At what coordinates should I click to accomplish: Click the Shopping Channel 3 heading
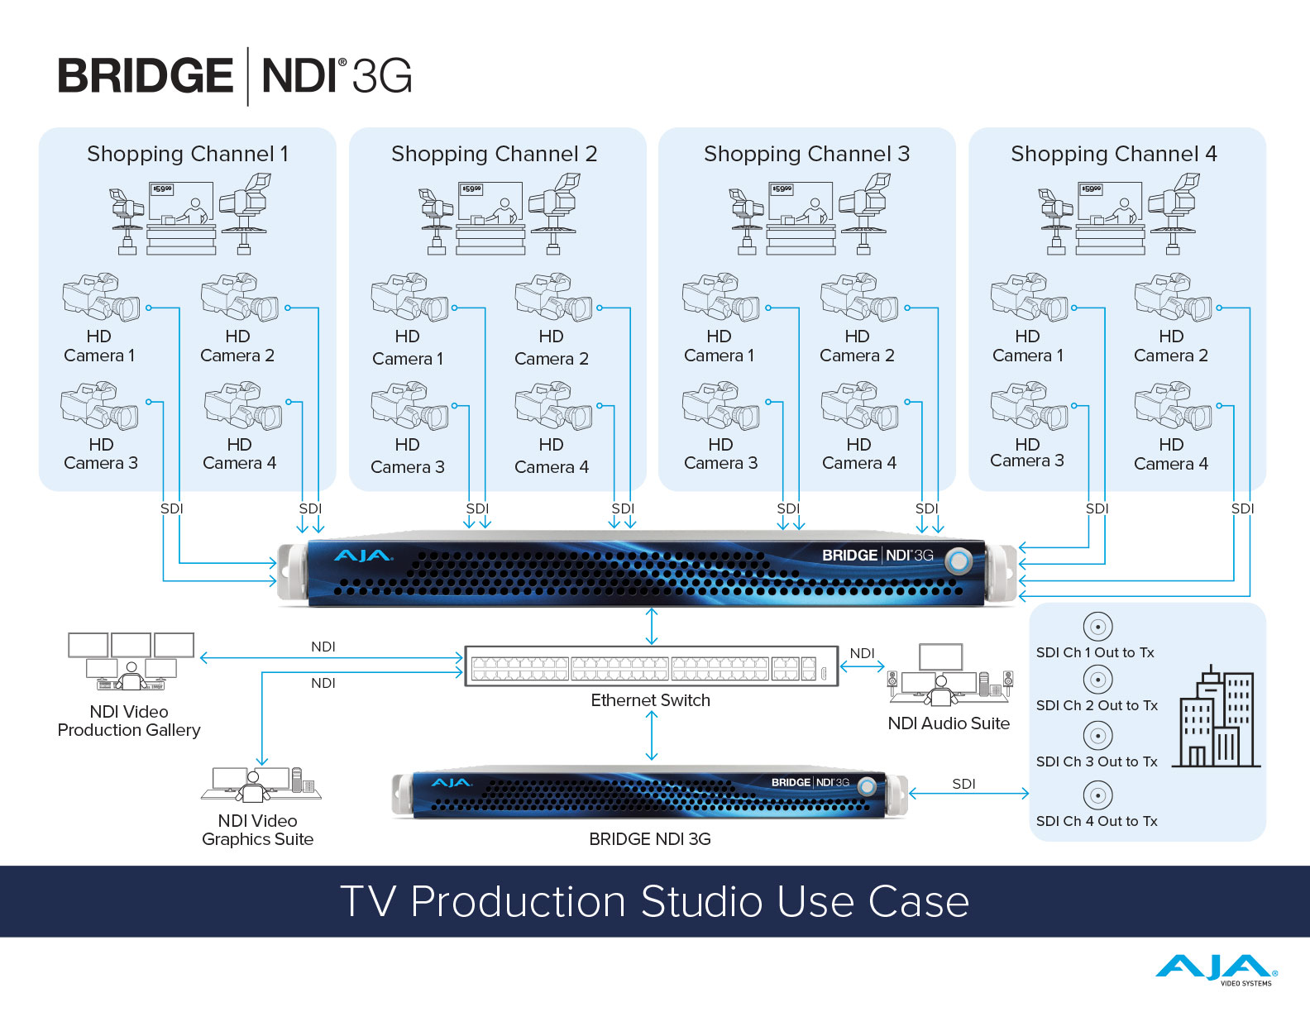tap(806, 154)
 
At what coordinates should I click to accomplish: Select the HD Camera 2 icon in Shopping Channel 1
tap(240, 298)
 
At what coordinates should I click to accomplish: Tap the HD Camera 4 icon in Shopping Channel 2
tap(553, 406)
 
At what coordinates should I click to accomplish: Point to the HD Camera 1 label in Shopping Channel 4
tap(1027, 346)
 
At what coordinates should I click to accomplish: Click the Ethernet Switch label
tap(650, 700)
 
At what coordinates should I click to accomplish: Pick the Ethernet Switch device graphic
tap(651, 666)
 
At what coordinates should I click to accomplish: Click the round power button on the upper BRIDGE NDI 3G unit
tap(959, 561)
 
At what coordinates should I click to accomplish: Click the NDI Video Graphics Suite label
tap(258, 830)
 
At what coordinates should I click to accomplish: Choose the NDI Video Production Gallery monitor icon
tap(130, 661)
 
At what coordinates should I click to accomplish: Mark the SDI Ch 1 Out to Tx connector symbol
tap(1097, 627)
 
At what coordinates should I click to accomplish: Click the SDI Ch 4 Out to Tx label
tap(1097, 821)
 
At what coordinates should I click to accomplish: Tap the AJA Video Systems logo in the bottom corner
tap(1216, 969)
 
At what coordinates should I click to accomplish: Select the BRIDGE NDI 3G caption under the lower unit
tap(650, 839)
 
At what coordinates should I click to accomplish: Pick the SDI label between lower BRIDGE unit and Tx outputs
tap(963, 784)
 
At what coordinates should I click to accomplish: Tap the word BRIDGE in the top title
tap(146, 76)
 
